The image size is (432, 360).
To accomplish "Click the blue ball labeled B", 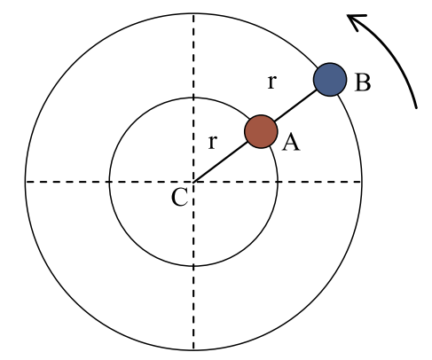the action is [330, 80].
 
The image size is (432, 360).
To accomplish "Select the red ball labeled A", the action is [261, 131].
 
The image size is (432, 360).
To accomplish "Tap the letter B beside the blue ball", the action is [362, 82].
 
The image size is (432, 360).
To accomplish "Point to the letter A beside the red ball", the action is [291, 142].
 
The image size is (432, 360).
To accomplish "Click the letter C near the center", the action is [179, 197].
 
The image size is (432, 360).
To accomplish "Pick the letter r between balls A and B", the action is [272, 82].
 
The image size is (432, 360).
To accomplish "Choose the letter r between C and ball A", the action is [213, 142].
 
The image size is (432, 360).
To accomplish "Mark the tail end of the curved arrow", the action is [416, 108].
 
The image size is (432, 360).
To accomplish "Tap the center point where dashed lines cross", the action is [193, 182].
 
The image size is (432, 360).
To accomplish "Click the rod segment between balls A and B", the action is [295, 106].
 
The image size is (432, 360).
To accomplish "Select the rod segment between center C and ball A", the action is [221, 161].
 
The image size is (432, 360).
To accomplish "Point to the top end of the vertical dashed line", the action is [193, 13].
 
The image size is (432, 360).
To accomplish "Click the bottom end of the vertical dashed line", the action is [193, 350].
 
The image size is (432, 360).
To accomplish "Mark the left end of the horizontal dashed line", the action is [26, 182].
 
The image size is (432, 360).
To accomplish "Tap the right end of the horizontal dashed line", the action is [362, 182].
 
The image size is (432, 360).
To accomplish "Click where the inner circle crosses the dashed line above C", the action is [193, 98].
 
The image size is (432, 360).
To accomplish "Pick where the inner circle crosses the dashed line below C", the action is [193, 266].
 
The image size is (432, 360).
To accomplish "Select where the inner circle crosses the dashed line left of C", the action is [109, 182].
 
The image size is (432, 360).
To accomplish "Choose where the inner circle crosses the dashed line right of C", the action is [278, 182].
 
